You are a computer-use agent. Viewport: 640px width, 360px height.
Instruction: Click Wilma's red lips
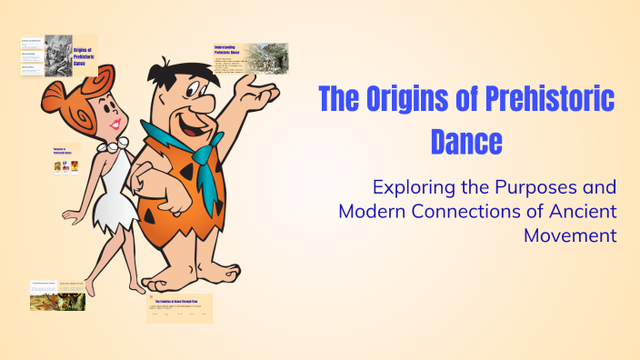point(114,124)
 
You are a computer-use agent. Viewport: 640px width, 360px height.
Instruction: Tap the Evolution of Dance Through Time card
point(179,308)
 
